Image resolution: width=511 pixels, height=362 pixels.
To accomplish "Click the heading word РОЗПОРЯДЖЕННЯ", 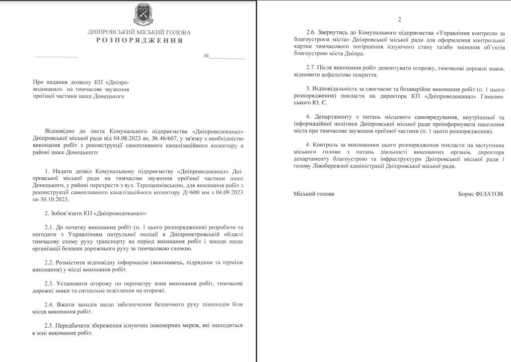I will tap(140, 40).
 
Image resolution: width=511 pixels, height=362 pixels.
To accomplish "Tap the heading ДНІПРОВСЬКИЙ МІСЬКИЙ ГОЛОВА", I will tap(139, 32).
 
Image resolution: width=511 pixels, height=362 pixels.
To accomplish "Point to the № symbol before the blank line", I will tap(206, 56).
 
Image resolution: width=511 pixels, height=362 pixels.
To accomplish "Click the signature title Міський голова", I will tap(314, 194).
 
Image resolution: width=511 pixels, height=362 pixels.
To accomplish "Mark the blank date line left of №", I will tap(56, 57).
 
